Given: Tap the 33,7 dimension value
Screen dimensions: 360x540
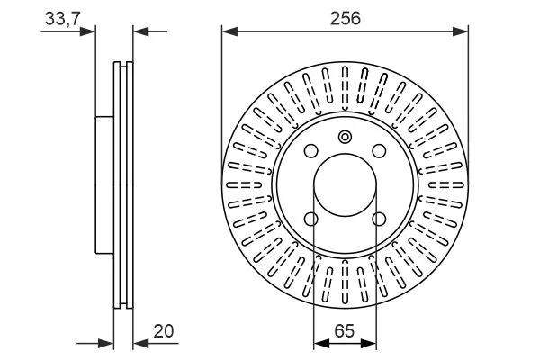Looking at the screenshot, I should pyautogui.click(x=61, y=15).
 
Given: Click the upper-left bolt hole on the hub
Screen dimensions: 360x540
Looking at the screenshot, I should pyautogui.click(x=311, y=151).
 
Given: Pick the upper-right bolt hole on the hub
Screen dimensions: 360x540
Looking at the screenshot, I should pyautogui.click(x=379, y=151).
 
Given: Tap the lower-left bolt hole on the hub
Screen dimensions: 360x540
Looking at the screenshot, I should pyautogui.click(x=311, y=219).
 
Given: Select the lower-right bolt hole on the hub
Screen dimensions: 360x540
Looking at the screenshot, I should pyautogui.click(x=379, y=219).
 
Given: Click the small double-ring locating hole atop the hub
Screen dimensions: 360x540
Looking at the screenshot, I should pyautogui.click(x=345, y=137).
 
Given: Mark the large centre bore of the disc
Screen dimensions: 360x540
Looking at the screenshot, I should pyautogui.click(x=345, y=184).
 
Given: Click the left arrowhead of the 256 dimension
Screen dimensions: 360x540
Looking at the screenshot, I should pyautogui.click(x=229, y=31).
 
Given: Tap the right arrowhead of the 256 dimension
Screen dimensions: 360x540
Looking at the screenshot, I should pyautogui.click(x=462, y=31).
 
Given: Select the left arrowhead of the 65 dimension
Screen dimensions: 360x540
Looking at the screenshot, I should pyautogui.click(x=319, y=343).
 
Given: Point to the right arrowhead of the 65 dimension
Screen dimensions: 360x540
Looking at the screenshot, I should pyautogui.click(x=371, y=343).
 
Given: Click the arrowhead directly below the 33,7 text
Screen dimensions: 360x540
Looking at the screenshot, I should pyautogui.click(x=88, y=31).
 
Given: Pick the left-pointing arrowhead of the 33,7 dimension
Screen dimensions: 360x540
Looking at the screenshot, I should pyautogui.click(x=140, y=31).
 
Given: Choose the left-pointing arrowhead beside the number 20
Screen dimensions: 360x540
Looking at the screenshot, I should pyautogui.click(x=140, y=343).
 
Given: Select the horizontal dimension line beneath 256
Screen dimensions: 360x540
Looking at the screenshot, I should pyautogui.click(x=345, y=31).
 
